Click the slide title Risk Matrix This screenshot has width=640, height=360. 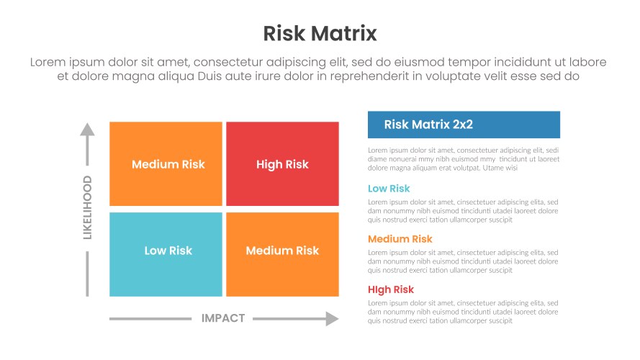coord(320,33)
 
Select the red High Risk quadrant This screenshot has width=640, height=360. coord(282,164)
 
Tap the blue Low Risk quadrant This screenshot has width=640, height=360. coord(166,254)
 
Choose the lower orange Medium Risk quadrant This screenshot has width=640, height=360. coord(282,254)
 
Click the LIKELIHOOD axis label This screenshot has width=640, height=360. coord(87,207)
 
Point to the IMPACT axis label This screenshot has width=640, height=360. coord(223,318)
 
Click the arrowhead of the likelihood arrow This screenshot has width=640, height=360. coord(87,130)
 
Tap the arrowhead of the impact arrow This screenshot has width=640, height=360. coord(332,318)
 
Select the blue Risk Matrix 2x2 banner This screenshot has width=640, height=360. coord(464,125)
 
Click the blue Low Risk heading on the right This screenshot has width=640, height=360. coord(389,189)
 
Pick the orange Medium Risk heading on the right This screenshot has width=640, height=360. coord(400,239)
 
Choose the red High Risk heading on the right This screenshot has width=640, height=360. coord(391,289)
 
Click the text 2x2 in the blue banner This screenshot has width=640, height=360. coord(463,125)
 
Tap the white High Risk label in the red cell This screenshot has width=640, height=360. coord(282,164)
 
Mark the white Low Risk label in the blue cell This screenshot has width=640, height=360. coord(168,251)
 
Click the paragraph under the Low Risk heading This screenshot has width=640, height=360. coord(463,211)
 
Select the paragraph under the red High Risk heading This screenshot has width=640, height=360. coord(463,312)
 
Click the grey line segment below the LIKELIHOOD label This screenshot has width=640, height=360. coord(87,274)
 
